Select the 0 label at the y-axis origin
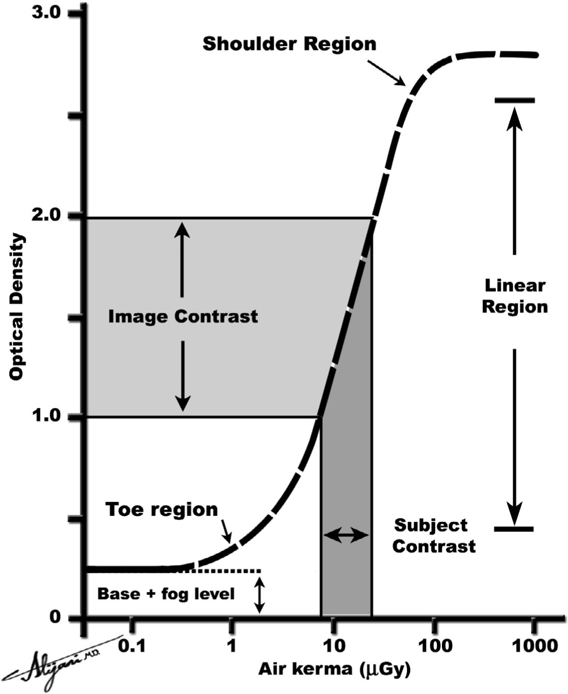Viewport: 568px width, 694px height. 55,617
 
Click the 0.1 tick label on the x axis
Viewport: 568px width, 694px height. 131,646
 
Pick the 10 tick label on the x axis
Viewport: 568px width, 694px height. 333,646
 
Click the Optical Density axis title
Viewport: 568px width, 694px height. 17,307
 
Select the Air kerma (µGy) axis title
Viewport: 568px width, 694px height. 335,670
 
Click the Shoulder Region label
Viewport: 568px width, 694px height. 289,44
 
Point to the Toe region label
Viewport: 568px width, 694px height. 162,510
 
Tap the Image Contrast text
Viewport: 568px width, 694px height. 183,316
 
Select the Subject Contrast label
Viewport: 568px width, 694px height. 433,535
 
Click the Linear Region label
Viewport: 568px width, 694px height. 514,296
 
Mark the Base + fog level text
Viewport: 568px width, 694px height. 166,594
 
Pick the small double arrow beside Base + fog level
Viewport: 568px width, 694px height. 260,595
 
